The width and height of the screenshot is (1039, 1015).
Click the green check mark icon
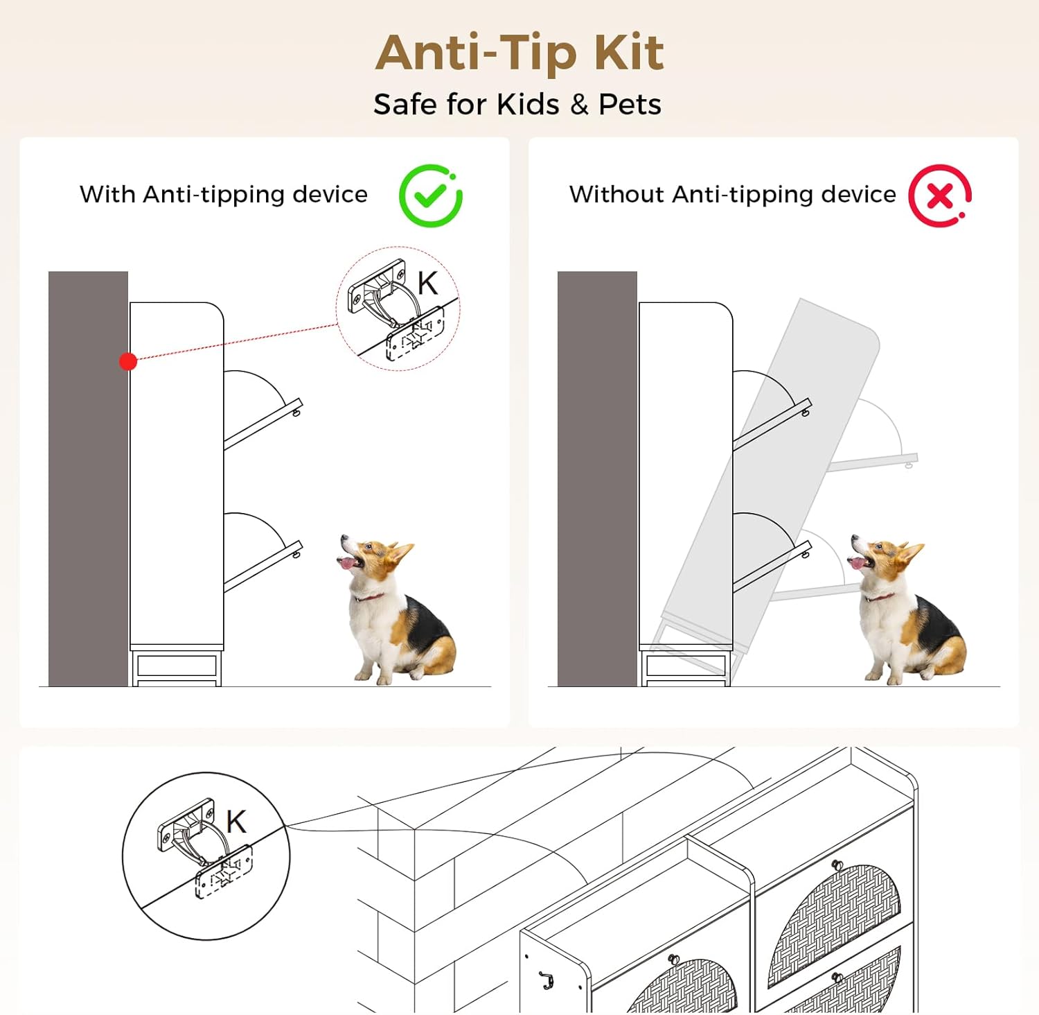430,196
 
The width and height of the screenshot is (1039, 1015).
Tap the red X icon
940,196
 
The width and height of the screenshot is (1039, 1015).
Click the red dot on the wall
128,361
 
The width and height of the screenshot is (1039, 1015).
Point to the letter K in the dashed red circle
428,283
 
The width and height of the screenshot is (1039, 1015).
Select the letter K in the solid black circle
236,822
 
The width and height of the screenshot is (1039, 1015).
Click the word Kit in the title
629,53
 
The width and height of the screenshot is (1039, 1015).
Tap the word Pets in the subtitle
630,105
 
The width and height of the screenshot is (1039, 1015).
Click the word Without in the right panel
616,194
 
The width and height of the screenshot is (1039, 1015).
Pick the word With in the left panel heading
107,194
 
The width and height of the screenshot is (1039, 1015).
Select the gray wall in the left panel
88,478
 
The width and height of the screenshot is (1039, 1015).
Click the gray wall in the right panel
597,478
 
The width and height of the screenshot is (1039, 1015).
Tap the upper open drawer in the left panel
263,423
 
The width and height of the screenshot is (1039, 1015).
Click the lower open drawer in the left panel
263,566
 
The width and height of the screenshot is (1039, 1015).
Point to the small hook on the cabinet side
547,980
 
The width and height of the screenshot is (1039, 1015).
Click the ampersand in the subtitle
579,105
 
